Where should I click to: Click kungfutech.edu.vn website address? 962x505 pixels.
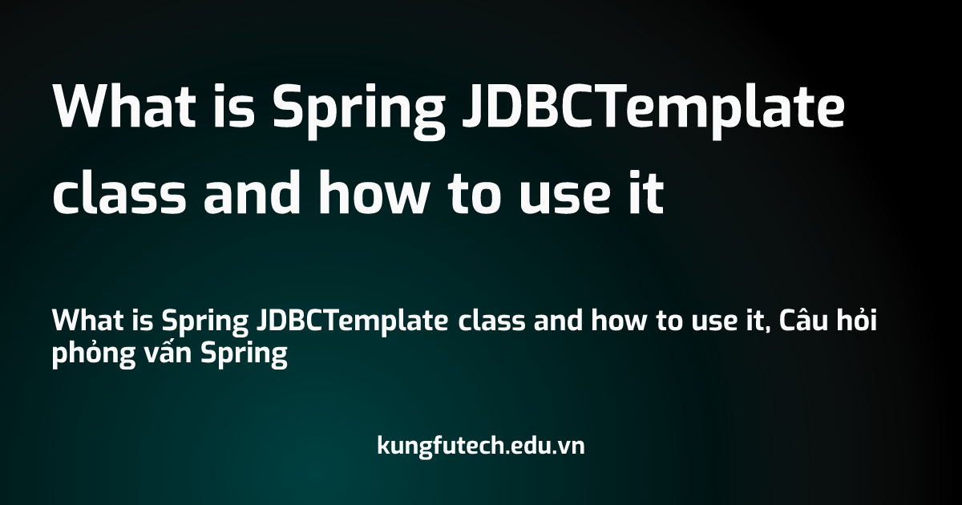click(x=481, y=445)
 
